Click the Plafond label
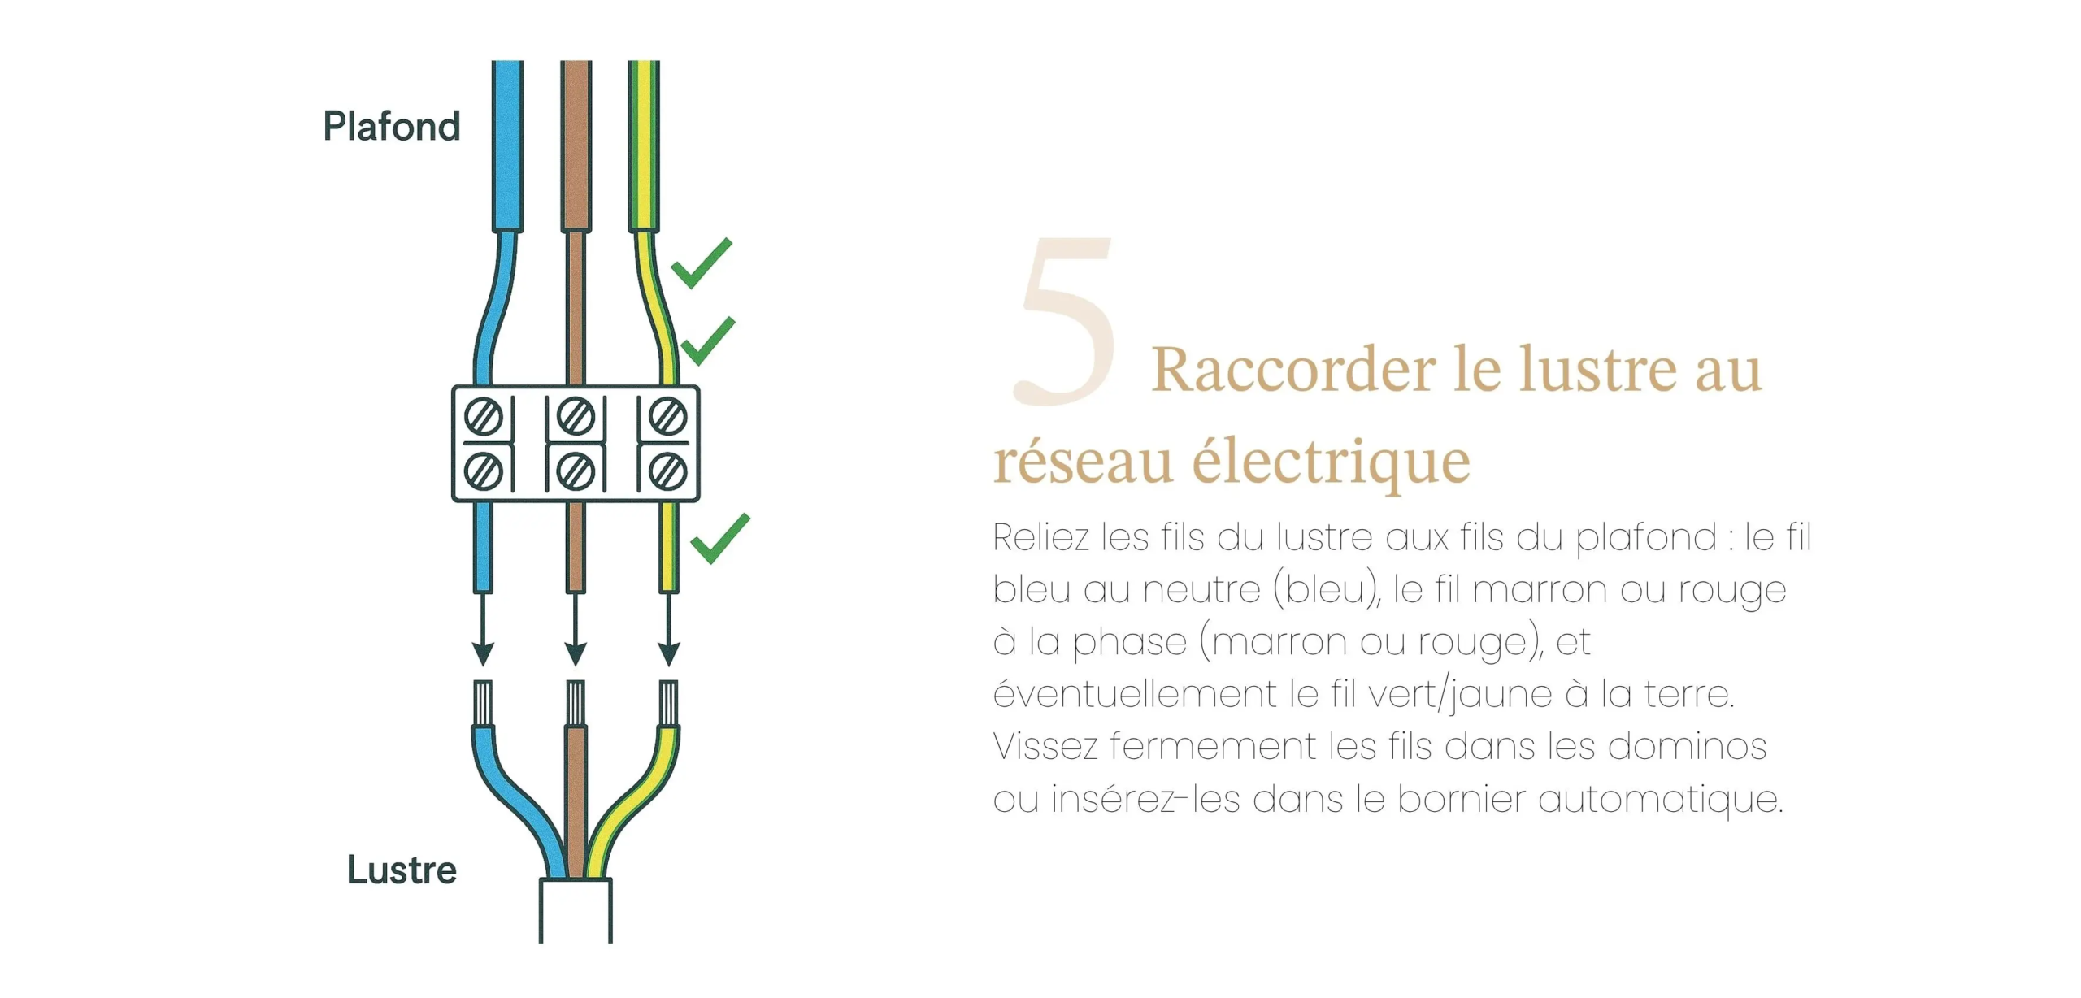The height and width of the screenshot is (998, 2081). pyautogui.click(x=392, y=127)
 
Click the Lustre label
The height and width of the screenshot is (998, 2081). pyautogui.click(x=402, y=870)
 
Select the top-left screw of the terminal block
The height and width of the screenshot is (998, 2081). pyautogui.click(x=484, y=418)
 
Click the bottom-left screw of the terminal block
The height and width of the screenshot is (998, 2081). pyautogui.click(x=484, y=471)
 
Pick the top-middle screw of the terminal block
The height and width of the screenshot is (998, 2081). pyautogui.click(x=576, y=418)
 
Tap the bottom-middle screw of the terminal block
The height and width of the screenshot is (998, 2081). pyautogui.click(x=576, y=471)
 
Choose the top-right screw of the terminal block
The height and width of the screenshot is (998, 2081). pyautogui.click(x=669, y=418)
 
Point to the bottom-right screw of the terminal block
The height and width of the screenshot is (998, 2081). pyautogui.click(x=669, y=471)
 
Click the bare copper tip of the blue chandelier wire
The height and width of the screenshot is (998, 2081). pyautogui.click(x=483, y=703)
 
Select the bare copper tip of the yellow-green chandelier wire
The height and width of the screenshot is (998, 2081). pyautogui.click(x=669, y=703)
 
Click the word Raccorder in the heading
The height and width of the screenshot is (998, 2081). pyautogui.click(x=1293, y=370)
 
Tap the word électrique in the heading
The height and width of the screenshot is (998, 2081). pyautogui.click(x=1332, y=462)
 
